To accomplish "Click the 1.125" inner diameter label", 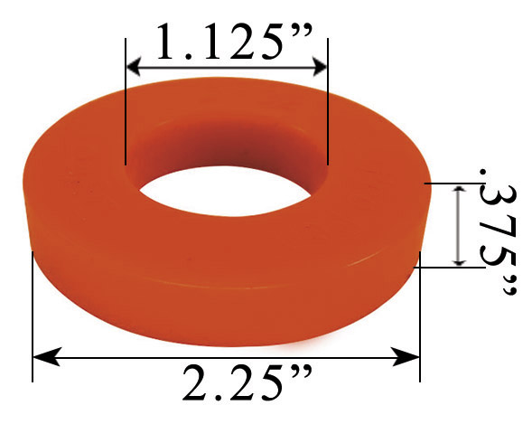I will pyautogui.click(x=226, y=41).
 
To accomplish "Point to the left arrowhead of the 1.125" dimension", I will pyautogui.click(x=133, y=66).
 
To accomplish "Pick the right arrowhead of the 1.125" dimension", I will pyautogui.click(x=321, y=66).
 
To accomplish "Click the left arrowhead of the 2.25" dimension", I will pyautogui.click(x=41, y=357).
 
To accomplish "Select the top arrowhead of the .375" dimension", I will pyautogui.click(x=460, y=191).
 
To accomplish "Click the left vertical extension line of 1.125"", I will pyautogui.click(x=126, y=108).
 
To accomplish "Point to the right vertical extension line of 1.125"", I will pyautogui.click(x=328, y=108).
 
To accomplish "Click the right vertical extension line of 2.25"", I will pyautogui.click(x=420, y=316).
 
